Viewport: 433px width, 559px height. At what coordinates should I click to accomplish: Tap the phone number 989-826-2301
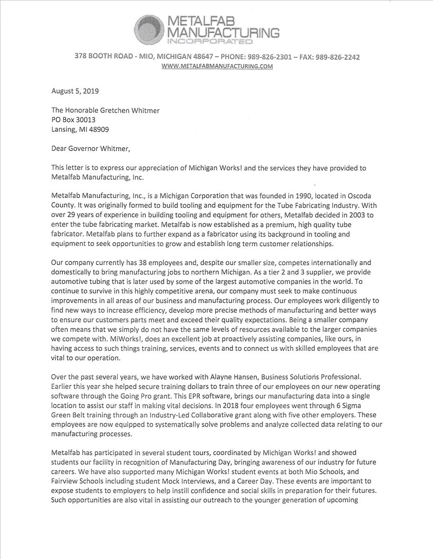tap(270, 57)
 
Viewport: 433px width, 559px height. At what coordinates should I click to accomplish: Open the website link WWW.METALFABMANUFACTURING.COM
tap(216, 66)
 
